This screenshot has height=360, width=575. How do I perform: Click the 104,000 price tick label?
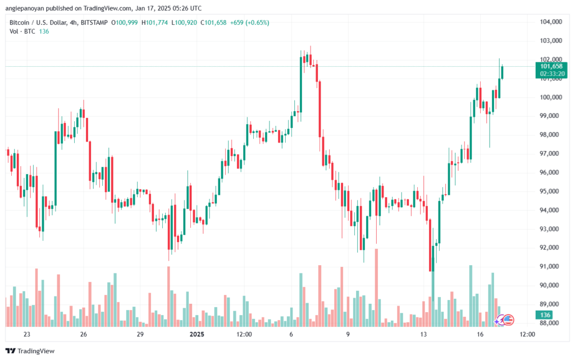click(x=551, y=22)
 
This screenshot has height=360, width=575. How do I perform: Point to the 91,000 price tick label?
click(x=551, y=266)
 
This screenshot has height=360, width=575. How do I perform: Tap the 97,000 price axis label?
click(x=551, y=153)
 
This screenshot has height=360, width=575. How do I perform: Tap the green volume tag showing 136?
click(x=545, y=315)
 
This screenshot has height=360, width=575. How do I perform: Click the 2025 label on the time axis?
click(x=197, y=334)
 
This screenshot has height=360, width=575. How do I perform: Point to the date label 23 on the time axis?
click(x=26, y=334)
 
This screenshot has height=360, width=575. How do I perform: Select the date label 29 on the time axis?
click(x=140, y=334)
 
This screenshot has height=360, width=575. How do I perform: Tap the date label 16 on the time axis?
click(x=481, y=334)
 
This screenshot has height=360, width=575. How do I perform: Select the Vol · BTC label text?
click(x=21, y=31)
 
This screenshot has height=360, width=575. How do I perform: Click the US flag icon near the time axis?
click(x=508, y=320)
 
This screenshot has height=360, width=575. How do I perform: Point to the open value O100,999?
click(x=124, y=22)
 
